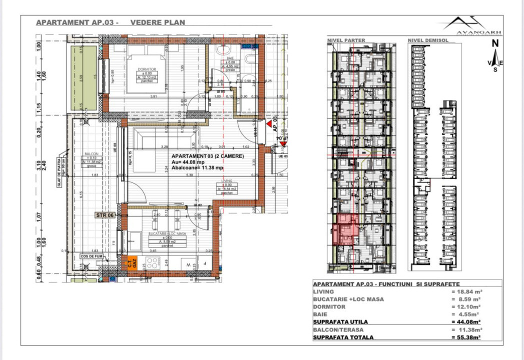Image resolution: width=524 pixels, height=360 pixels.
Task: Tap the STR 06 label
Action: pyautogui.click(x=105, y=215)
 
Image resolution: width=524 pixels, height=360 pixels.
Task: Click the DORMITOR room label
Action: pyautogui.click(x=134, y=69)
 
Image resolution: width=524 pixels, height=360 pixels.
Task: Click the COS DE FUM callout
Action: pyautogui.click(x=91, y=257)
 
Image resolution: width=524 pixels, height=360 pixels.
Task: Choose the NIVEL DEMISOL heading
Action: pyautogui.click(x=426, y=40)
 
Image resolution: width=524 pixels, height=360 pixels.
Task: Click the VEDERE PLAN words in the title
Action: pyautogui.click(x=157, y=22)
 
